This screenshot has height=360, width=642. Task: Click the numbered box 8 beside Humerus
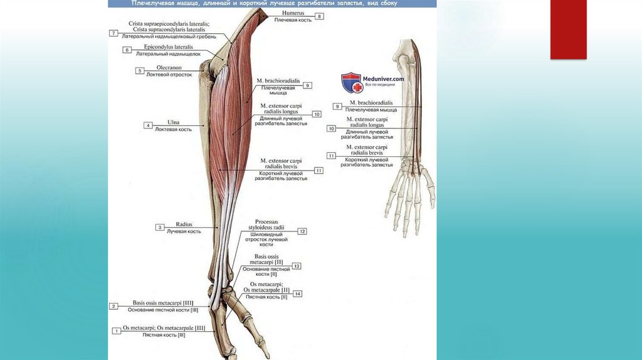pos(319,16)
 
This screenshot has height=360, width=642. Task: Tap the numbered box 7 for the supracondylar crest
pos(113,33)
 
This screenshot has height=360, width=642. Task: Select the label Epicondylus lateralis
pos(168,47)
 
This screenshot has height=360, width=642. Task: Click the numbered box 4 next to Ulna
pos(148,125)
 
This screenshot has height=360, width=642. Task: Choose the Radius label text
pos(184,225)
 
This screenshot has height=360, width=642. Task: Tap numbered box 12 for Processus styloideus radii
pos(302,231)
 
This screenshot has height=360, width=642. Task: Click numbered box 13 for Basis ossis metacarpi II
pos(296,266)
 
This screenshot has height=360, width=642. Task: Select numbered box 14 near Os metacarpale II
pos(297,294)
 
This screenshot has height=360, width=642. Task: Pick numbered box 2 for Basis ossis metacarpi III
pos(113,306)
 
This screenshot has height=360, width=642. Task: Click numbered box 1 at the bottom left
pos(115,331)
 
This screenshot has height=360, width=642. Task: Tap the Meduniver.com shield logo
pos(352,83)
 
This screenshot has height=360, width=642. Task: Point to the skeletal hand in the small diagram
pos(410,198)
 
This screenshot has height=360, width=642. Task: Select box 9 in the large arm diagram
pos(308,85)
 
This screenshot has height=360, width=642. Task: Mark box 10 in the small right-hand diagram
pos(331,129)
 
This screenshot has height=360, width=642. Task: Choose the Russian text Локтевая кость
pos(173,129)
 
